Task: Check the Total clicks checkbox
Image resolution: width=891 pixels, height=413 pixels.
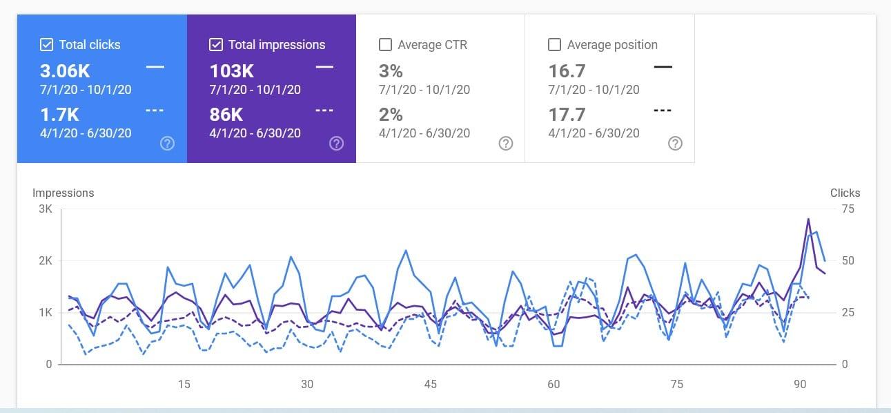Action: pyautogui.click(x=47, y=45)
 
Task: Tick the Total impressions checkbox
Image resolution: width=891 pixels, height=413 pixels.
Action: pyautogui.click(x=216, y=45)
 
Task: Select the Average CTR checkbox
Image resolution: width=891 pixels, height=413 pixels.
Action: pyautogui.click(x=386, y=45)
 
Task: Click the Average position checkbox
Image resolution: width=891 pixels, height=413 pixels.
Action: pyautogui.click(x=554, y=45)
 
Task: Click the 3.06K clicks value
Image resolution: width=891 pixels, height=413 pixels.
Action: pyautogui.click(x=65, y=70)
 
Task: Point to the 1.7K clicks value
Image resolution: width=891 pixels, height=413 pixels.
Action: pyautogui.click(x=59, y=115)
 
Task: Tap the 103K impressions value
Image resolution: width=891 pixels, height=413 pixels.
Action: pyautogui.click(x=231, y=70)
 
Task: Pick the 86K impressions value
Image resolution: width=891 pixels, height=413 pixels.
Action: pyautogui.click(x=226, y=115)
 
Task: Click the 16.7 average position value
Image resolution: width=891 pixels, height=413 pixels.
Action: pyautogui.click(x=567, y=70)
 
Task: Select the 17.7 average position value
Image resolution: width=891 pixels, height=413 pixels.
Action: pyautogui.click(x=567, y=115)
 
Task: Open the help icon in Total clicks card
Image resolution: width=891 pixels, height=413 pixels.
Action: pyautogui.click(x=167, y=144)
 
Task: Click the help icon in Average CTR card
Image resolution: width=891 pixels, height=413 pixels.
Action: pyautogui.click(x=506, y=144)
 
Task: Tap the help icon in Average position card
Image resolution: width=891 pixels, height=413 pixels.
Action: pyautogui.click(x=676, y=144)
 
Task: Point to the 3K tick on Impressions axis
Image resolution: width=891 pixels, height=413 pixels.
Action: pyautogui.click(x=46, y=209)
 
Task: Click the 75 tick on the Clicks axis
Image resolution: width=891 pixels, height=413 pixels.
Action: pyautogui.click(x=847, y=209)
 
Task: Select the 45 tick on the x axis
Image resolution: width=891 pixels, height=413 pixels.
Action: pyautogui.click(x=430, y=384)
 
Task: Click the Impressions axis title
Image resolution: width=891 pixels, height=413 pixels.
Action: pyautogui.click(x=63, y=193)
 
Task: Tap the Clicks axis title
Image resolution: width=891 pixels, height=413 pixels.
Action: pyautogui.click(x=845, y=193)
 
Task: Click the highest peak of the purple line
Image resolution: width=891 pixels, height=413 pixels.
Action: pyautogui.click(x=808, y=219)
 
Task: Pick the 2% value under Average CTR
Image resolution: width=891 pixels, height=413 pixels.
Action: pyautogui.click(x=391, y=115)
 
